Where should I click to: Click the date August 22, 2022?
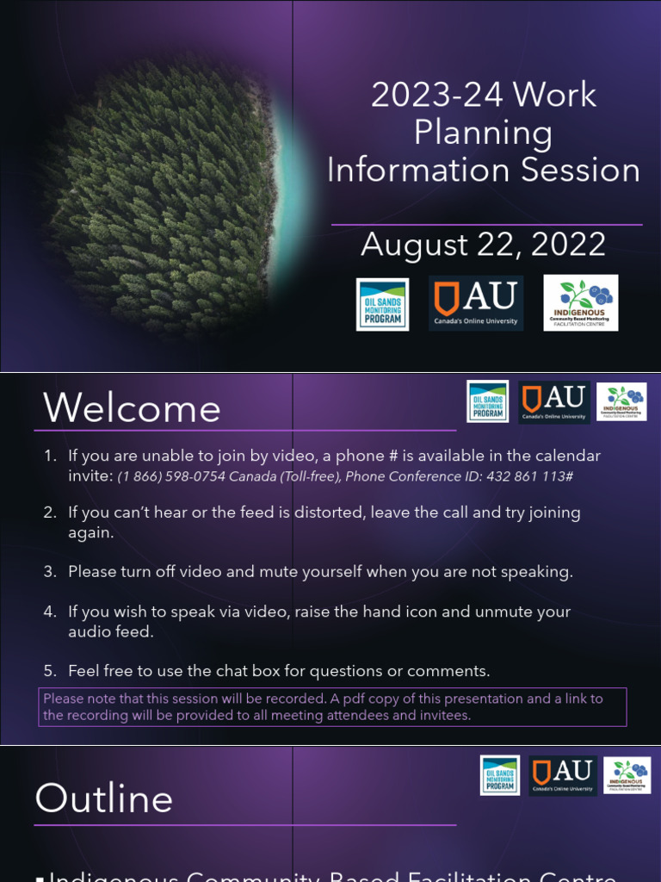coord(483,245)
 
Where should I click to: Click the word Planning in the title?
coord(483,133)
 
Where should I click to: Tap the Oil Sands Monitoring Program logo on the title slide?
coord(383,304)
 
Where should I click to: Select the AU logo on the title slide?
coord(476,303)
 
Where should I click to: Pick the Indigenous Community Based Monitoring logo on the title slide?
coord(580,303)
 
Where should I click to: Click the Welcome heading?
coord(132,408)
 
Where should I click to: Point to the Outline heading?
coord(103,799)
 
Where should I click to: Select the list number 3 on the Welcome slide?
coord(50,572)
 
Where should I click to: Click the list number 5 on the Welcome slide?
coord(50,671)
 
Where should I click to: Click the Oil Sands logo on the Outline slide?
coord(500,775)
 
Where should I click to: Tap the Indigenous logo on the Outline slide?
coord(627,775)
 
